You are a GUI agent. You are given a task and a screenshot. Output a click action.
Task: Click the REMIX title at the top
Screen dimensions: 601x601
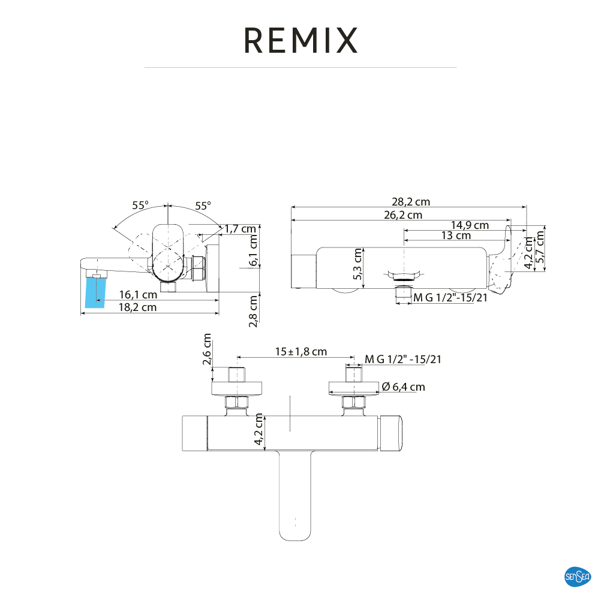[300, 40]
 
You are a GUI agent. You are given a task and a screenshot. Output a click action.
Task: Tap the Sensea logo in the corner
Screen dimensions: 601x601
[578, 577]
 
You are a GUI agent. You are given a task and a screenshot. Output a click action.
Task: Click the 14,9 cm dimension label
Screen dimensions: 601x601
[470, 225]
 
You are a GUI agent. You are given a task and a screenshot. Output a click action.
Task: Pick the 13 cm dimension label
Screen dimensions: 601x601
[456, 235]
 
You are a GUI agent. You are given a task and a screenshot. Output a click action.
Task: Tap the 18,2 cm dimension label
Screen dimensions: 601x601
[137, 307]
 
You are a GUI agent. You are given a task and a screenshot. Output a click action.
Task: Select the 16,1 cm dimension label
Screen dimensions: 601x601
[138, 294]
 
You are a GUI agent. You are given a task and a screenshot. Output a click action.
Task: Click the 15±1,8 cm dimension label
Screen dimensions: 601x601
[301, 352]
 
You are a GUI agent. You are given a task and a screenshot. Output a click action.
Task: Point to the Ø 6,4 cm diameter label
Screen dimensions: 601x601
[403, 387]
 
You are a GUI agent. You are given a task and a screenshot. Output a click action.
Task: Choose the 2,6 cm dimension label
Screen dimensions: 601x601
[208, 349]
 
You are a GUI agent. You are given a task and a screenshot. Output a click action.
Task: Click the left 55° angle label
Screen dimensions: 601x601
[140, 205]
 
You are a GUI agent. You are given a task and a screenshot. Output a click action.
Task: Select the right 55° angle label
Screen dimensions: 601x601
[203, 206]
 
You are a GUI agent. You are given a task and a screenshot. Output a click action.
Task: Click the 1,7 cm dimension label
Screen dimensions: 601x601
[241, 228]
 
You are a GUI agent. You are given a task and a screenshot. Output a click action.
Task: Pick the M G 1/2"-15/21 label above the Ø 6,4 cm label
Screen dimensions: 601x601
[403, 360]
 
